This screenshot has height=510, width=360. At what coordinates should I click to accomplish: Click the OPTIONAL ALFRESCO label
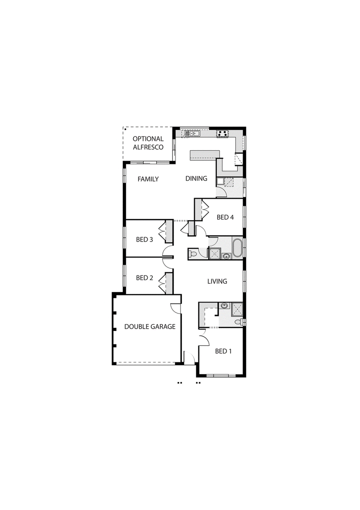pyautogui.click(x=148, y=143)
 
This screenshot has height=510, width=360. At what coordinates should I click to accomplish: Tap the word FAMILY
pyautogui.click(x=148, y=179)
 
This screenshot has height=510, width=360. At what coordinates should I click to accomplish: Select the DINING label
pyautogui.click(x=196, y=178)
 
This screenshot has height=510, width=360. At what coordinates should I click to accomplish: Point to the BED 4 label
pyautogui.click(x=225, y=217)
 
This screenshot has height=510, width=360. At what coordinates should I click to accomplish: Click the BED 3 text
pyautogui.click(x=144, y=239)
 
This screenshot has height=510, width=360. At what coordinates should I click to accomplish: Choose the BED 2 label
pyautogui.click(x=144, y=278)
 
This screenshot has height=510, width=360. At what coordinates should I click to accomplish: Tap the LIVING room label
pyautogui.click(x=217, y=281)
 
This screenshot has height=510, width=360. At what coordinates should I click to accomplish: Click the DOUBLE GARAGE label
pyautogui.click(x=150, y=326)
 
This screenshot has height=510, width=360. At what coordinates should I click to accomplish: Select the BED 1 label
pyautogui.click(x=223, y=351)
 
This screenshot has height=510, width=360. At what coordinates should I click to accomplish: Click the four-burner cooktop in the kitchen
pyautogui.click(x=223, y=133)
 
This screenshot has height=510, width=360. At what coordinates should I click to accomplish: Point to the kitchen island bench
pyautogui.click(x=205, y=155)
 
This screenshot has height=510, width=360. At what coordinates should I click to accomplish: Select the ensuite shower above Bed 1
pyautogui.click(x=237, y=309)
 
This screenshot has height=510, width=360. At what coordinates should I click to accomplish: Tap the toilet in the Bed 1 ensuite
pyautogui.click(x=239, y=322)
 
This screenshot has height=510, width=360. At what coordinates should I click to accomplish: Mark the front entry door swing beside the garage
pyautogui.click(x=189, y=357)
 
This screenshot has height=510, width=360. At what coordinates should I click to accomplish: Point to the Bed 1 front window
pyautogui.click(x=221, y=376)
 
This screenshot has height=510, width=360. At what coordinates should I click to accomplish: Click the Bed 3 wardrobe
pyautogui.click(x=169, y=231)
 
